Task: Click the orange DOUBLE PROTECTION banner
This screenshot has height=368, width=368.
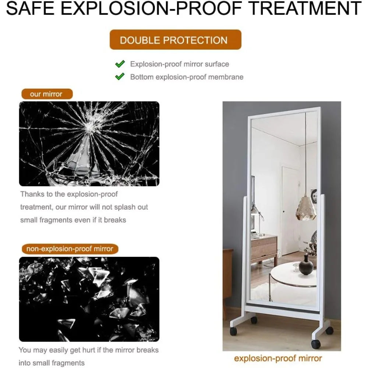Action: pyautogui.click(x=175, y=40)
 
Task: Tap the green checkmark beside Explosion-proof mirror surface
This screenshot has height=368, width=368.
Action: pyautogui.click(x=120, y=64)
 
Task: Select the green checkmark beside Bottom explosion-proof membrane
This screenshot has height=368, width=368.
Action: pyautogui.click(x=120, y=77)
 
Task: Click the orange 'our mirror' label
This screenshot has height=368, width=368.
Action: pyautogui.click(x=47, y=94)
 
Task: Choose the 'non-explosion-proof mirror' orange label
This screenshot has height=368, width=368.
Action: pyautogui.click(x=70, y=249)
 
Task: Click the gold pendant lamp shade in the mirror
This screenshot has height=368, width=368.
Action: pyautogui.click(x=306, y=208)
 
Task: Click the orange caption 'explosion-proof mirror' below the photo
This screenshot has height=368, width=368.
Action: pyautogui.click(x=278, y=358)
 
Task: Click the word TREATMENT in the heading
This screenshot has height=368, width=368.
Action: pyautogui.click(x=305, y=8)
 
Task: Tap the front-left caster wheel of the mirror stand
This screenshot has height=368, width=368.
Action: pyautogui.click(x=233, y=331)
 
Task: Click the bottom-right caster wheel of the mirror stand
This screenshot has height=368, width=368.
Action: pyautogui.click(x=316, y=344)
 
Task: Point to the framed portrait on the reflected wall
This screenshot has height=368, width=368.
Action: pyautogui.click(x=314, y=196)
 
